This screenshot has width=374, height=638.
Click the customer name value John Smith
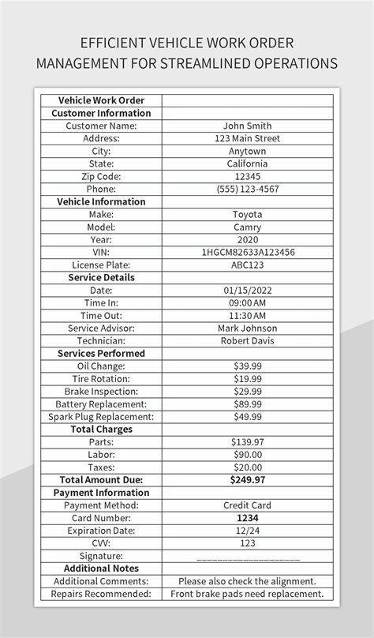tap(247, 126)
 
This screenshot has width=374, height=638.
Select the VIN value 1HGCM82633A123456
tap(247, 252)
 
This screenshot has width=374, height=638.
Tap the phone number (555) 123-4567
tap(247, 189)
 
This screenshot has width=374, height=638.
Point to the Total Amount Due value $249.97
tap(247, 479)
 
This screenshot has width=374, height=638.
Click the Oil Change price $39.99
tap(247, 366)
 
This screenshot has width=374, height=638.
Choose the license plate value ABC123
tap(247, 265)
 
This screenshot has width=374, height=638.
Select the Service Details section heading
tap(101, 277)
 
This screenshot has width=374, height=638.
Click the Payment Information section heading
tap(101, 492)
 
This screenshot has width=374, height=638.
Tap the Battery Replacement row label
tap(101, 403)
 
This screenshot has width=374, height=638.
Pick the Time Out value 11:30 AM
tap(247, 315)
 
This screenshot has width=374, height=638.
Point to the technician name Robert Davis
tap(247, 340)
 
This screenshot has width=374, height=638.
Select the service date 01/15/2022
tap(247, 290)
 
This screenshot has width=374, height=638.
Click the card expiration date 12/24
tap(247, 530)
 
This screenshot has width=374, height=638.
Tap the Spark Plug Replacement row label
tap(101, 416)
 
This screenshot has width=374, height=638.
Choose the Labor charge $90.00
tap(247, 454)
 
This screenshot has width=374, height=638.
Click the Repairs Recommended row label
tap(101, 593)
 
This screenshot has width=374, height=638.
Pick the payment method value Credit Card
tap(247, 505)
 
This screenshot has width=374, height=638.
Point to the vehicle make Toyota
tap(247, 214)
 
